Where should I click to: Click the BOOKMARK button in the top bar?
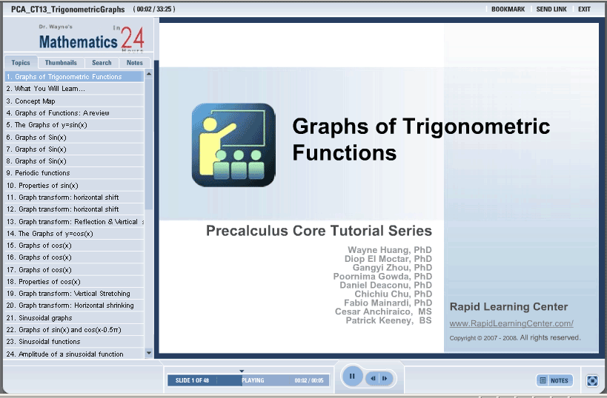(x=508, y=10)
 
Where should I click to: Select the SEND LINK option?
(x=551, y=10)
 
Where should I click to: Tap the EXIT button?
(x=584, y=10)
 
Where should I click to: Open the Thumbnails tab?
(x=61, y=63)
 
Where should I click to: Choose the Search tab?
(x=102, y=63)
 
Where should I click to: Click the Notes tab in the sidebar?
(x=135, y=63)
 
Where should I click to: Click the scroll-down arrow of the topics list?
(x=149, y=353)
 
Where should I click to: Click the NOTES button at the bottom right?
(x=554, y=380)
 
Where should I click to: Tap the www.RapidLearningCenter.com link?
(x=511, y=323)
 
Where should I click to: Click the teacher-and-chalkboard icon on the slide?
(x=233, y=145)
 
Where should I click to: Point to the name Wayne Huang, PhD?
(x=389, y=250)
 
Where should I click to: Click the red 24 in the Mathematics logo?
(x=133, y=38)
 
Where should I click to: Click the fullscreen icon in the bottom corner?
(x=592, y=380)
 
